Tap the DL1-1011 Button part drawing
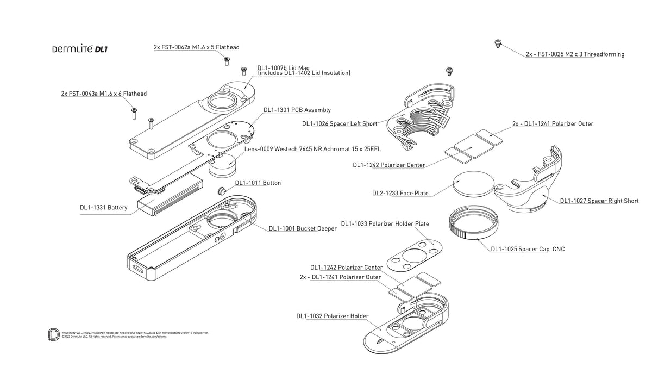pyautogui.click(x=222, y=190)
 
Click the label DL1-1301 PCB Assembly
pyautogui.click(x=297, y=110)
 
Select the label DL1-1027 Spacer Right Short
pyautogui.click(x=599, y=201)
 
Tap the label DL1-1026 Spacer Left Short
pyautogui.click(x=340, y=124)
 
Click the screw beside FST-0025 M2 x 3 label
pyautogui.click(x=497, y=43)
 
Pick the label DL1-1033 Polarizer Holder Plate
pyautogui.click(x=385, y=223)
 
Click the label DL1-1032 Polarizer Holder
pyautogui.click(x=333, y=316)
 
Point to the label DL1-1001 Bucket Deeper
pyautogui.click(x=303, y=228)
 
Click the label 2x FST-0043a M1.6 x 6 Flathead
pyautogui.click(x=104, y=94)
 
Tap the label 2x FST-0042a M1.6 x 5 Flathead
pyautogui.click(x=196, y=47)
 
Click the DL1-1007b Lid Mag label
pyautogui.click(x=283, y=68)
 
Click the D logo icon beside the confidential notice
pyautogui.click(x=54, y=334)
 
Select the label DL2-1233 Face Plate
pyautogui.click(x=400, y=193)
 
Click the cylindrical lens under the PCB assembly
pyautogui.click(x=223, y=165)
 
